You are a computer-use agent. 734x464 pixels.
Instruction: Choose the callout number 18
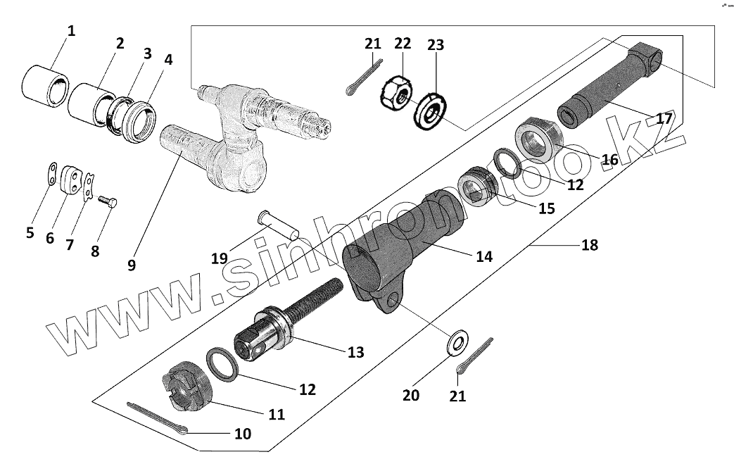pos(590,244)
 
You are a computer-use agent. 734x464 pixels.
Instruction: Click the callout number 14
pos(483,257)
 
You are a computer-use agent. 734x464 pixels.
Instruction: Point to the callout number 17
pos(664,118)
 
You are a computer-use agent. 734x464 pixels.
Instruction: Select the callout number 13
pos(356,351)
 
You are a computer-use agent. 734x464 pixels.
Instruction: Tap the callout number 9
pos(131,265)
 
